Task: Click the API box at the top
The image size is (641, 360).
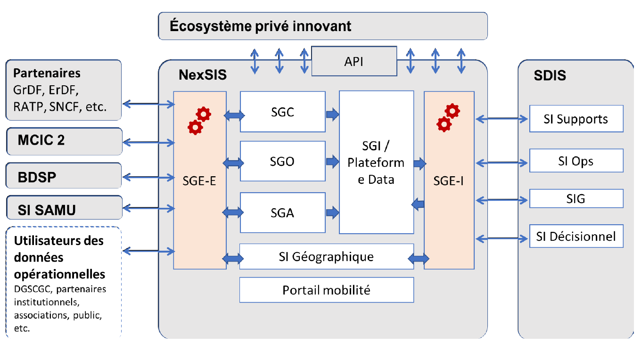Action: click(x=354, y=61)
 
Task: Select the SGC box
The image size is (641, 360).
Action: click(x=282, y=112)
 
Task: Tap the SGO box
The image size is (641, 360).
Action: click(x=282, y=161)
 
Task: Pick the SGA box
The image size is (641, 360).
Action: click(x=282, y=213)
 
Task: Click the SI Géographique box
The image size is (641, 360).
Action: click(x=326, y=257)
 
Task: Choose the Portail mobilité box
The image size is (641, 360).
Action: click(x=326, y=290)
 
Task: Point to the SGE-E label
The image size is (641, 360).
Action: click(x=199, y=180)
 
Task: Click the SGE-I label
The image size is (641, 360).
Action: click(x=449, y=180)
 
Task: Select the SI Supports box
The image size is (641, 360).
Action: click(x=576, y=119)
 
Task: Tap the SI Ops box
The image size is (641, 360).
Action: click(x=576, y=161)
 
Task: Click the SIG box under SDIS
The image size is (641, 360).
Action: click(x=576, y=198)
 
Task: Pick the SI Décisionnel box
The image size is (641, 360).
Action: click(x=576, y=236)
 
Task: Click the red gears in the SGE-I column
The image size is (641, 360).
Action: click(x=448, y=117)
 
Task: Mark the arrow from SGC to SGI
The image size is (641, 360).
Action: click(x=332, y=114)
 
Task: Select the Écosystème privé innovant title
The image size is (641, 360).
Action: click(x=261, y=26)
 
